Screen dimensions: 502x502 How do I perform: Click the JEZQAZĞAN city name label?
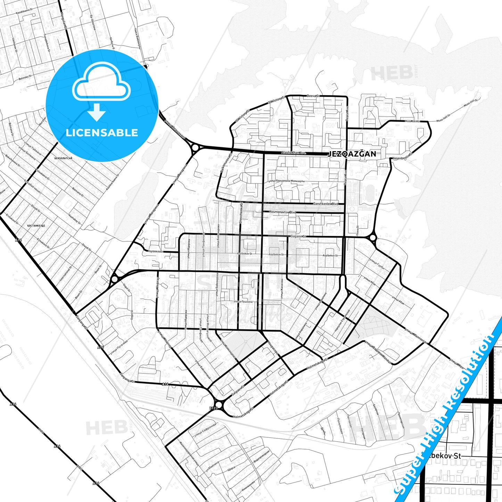(352, 154)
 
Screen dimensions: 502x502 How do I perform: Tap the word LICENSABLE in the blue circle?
(102, 133)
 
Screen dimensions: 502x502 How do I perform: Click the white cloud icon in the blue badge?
(101, 82)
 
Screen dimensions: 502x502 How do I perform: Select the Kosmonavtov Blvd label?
(283, 212)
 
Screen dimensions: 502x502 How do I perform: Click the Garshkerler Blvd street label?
(326, 204)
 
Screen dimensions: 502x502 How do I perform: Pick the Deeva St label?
(313, 96)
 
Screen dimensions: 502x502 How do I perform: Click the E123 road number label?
(213, 408)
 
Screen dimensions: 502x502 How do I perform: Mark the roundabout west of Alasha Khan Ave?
(195, 148)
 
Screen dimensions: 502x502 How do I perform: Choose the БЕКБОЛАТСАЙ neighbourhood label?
(63, 158)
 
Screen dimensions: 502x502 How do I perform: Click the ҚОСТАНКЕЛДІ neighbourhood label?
(36, 225)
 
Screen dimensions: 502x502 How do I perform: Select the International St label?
(65, 274)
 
